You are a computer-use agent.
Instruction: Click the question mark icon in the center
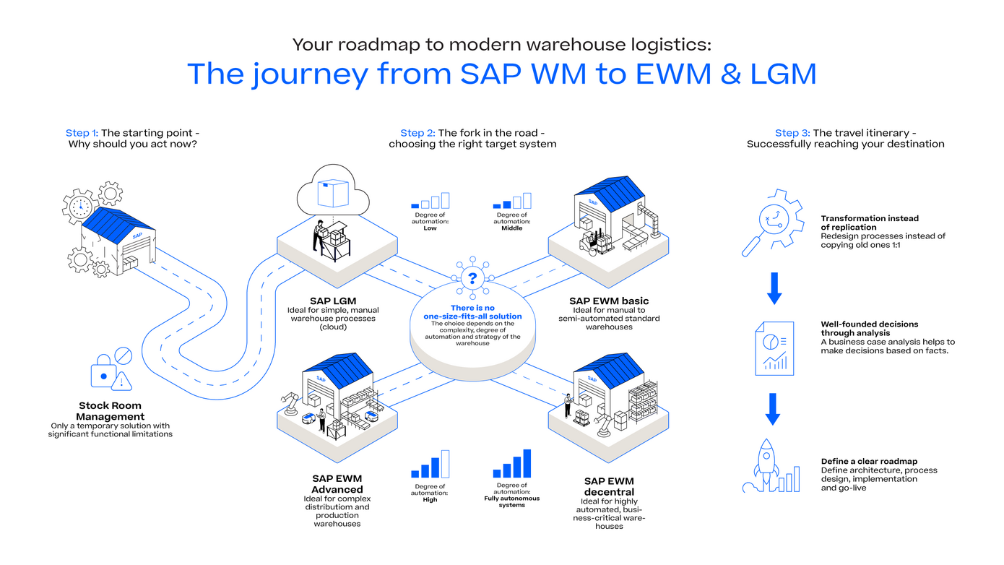pyautogui.click(x=472, y=277)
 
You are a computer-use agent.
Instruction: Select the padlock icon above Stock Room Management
pyautogui.click(x=103, y=373)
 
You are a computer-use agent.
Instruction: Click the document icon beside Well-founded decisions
pyautogui.click(x=774, y=348)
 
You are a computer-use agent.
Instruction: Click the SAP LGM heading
pyautogui.click(x=333, y=301)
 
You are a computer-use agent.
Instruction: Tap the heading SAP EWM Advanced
pyautogui.click(x=337, y=483)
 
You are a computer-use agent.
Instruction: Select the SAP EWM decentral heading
pyautogui.click(x=608, y=486)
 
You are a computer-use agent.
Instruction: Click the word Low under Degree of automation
pyautogui.click(x=430, y=228)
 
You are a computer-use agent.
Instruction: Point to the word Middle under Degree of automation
pyautogui.click(x=511, y=228)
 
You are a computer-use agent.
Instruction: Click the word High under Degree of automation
pyautogui.click(x=430, y=499)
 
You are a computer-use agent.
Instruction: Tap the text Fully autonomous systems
pyautogui.click(x=511, y=501)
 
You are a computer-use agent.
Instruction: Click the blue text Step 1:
pyautogui.click(x=82, y=133)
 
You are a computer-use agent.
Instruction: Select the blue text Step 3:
pyautogui.click(x=792, y=133)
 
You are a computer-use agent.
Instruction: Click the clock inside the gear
pyautogui.click(x=80, y=206)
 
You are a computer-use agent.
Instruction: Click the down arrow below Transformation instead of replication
pyautogui.click(x=774, y=287)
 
